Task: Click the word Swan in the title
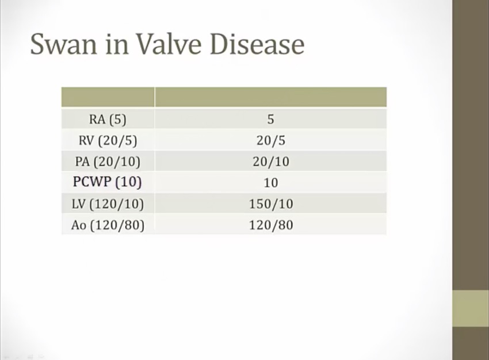click(x=64, y=44)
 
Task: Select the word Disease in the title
click(x=257, y=44)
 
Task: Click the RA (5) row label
click(x=108, y=120)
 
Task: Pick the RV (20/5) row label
click(x=108, y=140)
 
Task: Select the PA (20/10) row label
click(x=108, y=162)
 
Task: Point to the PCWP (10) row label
click(x=107, y=182)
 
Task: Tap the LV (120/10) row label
click(x=108, y=204)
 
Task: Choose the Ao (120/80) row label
click(x=108, y=225)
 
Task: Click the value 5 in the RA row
click(x=271, y=120)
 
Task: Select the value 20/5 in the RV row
click(x=271, y=140)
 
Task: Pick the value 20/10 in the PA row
click(x=271, y=162)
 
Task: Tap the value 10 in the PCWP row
click(x=271, y=183)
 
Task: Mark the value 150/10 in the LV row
click(x=271, y=204)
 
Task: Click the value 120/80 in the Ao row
click(x=271, y=225)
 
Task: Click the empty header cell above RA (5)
click(x=108, y=97)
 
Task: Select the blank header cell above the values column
click(x=271, y=97)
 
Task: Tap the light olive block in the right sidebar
click(x=471, y=308)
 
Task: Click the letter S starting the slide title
click(x=38, y=44)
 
